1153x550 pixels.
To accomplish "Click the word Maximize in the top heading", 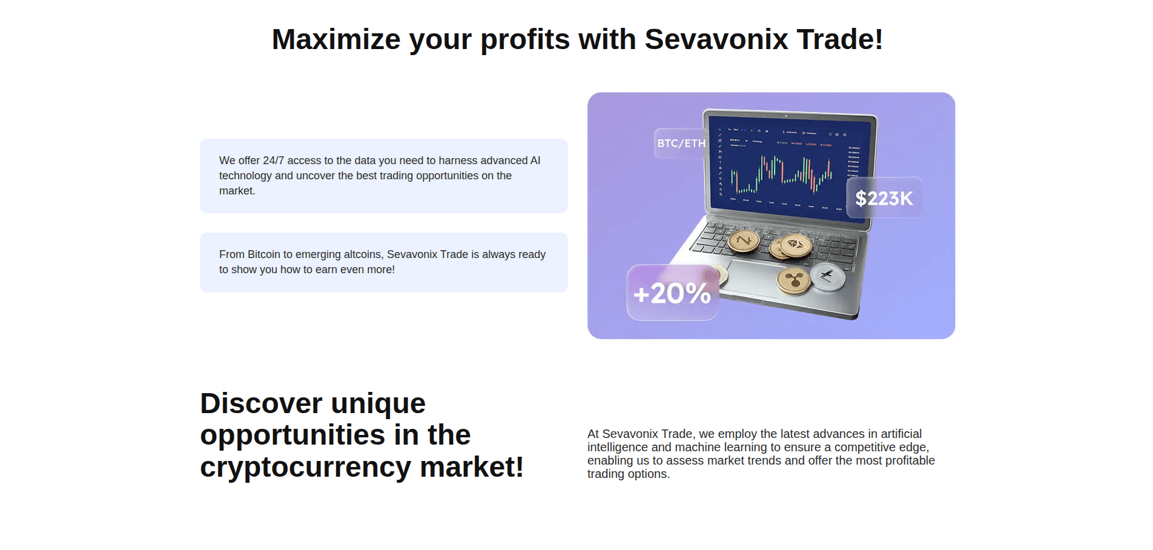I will click(x=335, y=40).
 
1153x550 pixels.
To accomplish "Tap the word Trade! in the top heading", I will click(x=839, y=40).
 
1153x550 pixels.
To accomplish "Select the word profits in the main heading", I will click(x=524, y=40).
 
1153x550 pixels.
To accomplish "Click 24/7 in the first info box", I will click(x=273, y=161).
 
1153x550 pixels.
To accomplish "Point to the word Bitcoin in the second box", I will click(x=263, y=254).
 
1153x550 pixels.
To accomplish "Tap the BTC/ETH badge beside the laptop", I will click(x=681, y=144).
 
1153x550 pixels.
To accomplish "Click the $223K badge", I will click(x=884, y=198).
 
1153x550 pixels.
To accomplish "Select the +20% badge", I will click(x=672, y=293).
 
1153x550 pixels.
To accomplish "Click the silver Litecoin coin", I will click(x=827, y=276).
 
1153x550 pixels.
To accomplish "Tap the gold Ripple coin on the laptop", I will click(x=794, y=280).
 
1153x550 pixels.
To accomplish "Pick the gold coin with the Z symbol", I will click(x=744, y=240).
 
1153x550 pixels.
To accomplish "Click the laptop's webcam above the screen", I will click(x=786, y=116).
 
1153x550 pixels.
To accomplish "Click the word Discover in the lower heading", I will click(x=261, y=403).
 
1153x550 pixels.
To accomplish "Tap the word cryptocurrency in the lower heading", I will click(x=305, y=467).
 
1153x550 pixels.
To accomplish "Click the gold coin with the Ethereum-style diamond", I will click(x=795, y=245).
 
